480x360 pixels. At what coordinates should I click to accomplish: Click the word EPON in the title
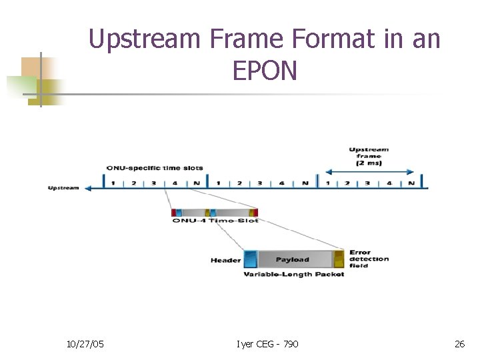click(x=265, y=70)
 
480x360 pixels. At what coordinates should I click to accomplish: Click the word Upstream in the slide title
click(x=143, y=39)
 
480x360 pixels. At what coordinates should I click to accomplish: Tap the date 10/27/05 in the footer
click(x=85, y=343)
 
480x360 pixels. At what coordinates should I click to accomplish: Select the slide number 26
click(x=459, y=343)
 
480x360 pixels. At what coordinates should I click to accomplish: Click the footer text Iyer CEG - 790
click(x=267, y=343)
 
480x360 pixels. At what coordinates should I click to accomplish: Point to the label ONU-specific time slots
click(x=155, y=167)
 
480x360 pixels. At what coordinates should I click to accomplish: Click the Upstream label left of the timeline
click(x=63, y=187)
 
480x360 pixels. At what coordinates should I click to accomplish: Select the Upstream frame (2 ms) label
click(x=369, y=156)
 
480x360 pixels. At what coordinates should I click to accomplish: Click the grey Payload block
click(x=293, y=259)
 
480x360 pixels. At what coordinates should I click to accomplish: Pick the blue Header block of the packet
click(x=251, y=259)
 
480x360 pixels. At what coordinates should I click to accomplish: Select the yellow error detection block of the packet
click(x=339, y=259)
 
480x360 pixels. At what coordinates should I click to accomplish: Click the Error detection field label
click(x=368, y=259)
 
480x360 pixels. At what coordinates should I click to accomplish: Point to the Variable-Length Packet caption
click(x=294, y=274)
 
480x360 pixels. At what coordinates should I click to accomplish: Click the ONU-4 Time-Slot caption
click(x=215, y=221)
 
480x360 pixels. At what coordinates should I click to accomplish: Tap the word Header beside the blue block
click(x=225, y=260)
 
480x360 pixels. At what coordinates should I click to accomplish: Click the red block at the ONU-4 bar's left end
click(x=174, y=213)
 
